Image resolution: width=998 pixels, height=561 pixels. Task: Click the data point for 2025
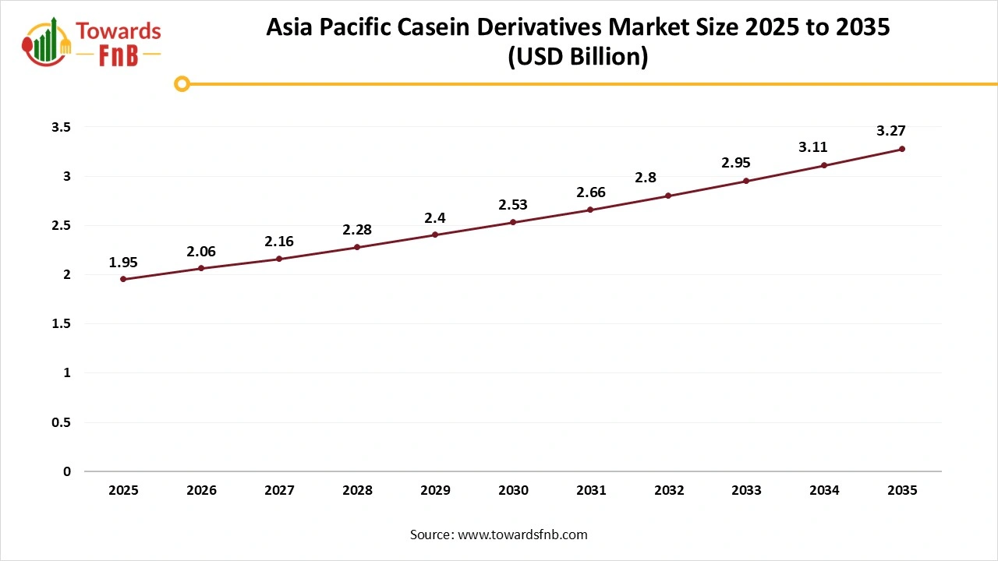pyautogui.click(x=123, y=279)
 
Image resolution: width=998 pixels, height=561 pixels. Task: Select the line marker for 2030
pyautogui.click(x=513, y=222)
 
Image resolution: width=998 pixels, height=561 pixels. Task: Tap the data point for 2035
pyautogui.click(x=902, y=149)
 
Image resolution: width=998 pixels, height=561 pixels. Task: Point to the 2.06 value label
pyautogui.click(x=201, y=252)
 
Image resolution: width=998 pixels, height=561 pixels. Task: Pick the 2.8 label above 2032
pyautogui.click(x=646, y=178)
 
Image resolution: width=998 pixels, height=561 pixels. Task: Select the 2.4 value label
pyautogui.click(x=435, y=218)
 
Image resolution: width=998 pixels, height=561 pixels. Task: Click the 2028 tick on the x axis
pyautogui.click(x=357, y=490)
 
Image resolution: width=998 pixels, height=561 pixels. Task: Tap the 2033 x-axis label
pyautogui.click(x=747, y=490)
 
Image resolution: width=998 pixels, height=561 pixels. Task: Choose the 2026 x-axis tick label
pyautogui.click(x=201, y=490)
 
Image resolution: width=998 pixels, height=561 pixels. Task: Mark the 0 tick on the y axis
pyautogui.click(x=67, y=471)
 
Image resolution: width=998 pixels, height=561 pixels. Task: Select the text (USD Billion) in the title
pyautogui.click(x=578, y=58)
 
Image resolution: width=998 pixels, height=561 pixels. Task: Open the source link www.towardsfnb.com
pyautogui.click(x=521, y=535)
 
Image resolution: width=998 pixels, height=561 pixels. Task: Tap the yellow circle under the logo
pyautogui.click(x=182, y=83)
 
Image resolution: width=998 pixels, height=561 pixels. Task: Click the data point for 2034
pyautogui.click(x=824, y=165)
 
